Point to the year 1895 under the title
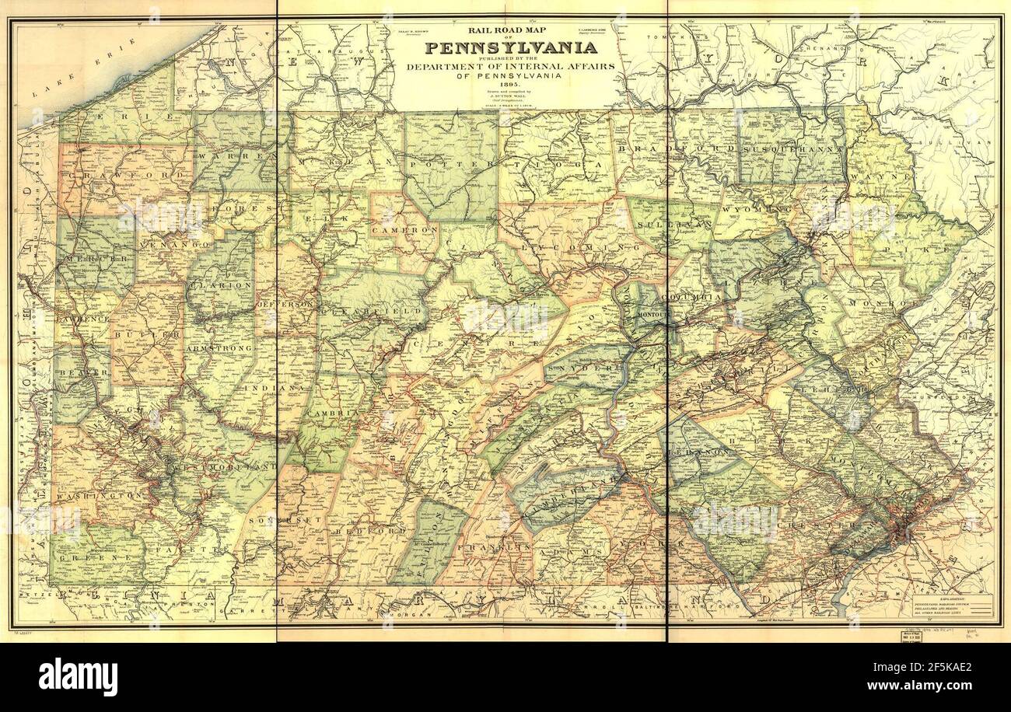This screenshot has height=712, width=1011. click(510, 85)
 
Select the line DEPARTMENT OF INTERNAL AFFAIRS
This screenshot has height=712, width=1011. click(510, 67)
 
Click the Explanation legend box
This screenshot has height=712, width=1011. click(950, 607)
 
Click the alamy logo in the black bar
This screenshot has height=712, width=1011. click(78, 676)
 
